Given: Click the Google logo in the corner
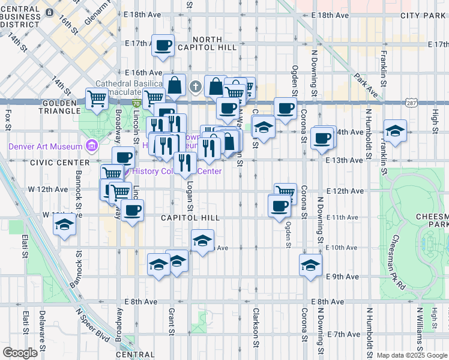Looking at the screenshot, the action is [20, 352].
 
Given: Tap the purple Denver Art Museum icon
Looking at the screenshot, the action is [92, 145].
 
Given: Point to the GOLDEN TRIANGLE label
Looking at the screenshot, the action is [61, 107].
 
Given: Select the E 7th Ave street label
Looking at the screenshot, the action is [344, 334].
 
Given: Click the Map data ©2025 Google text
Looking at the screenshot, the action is [411, 355].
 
